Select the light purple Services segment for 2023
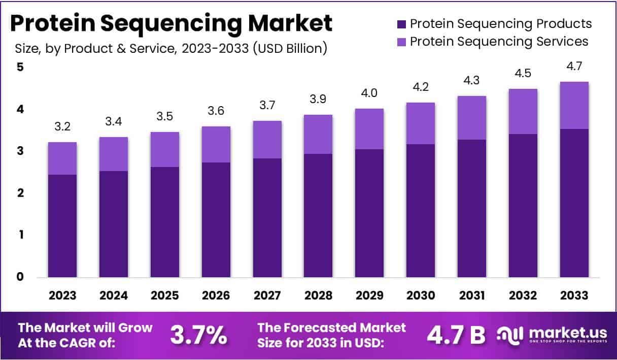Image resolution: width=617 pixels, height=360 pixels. click(62, 158)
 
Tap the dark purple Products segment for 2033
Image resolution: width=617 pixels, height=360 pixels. click(574, 203)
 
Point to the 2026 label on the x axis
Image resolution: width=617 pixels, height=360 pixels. click(216, 296)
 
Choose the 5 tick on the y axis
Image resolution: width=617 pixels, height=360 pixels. click(20, 67)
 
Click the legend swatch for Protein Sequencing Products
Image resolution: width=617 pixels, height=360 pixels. click(401, 24)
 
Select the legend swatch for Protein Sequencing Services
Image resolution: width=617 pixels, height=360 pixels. click(401, 41)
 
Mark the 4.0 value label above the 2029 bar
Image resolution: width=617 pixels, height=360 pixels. click(369, 94)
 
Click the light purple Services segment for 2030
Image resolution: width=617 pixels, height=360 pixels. click(421, 123)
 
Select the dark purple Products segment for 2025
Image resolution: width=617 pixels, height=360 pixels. click(164, 222)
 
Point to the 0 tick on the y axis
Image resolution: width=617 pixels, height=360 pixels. click(20, 277)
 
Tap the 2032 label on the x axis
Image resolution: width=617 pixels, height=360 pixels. click(523, 296)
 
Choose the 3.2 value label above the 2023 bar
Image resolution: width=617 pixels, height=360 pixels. click(62, 127)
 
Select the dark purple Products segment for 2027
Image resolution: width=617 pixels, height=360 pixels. click(267, 218)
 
